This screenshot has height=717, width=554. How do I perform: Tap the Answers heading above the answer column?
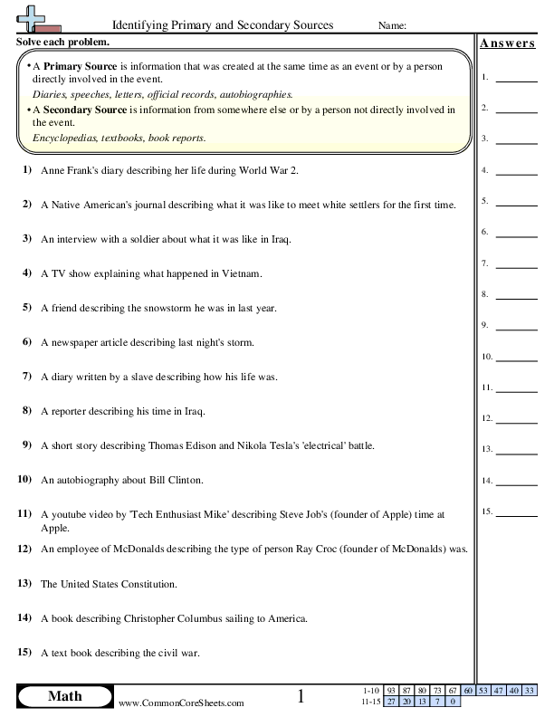click(507, 43)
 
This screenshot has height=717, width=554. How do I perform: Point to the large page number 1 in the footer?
click(302, 696)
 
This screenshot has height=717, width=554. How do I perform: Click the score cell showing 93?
click(390, 691)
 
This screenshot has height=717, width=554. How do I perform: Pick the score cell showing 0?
click(452, 701)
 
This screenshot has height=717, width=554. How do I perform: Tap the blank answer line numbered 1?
click(516, 82)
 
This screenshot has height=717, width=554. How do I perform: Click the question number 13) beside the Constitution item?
click(25, 585)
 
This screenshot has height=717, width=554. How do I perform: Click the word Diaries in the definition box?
click(48, 93)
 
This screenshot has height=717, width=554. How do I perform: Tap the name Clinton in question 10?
click(185, 480)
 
